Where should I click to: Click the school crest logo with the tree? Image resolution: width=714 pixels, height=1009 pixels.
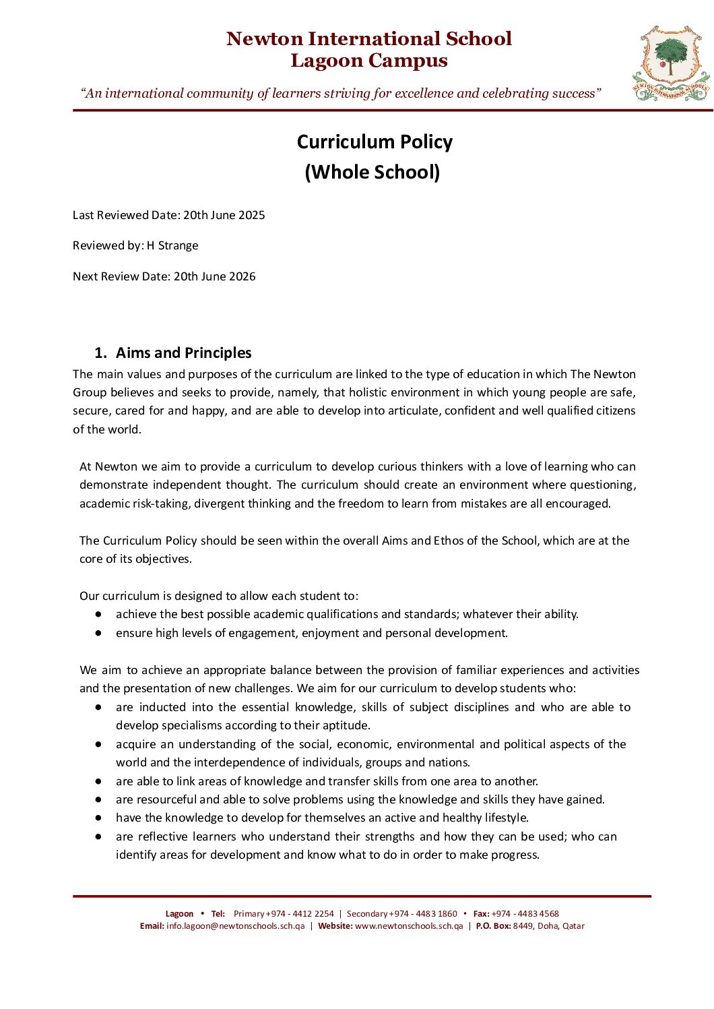671,63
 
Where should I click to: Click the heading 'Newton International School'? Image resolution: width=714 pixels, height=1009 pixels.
368,38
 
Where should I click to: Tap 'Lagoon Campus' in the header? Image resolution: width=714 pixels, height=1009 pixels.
368,61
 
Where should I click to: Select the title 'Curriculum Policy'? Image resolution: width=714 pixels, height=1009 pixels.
375,142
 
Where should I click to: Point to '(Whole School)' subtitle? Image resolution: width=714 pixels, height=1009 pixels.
372,172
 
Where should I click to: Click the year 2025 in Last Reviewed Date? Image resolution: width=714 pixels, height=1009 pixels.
252,215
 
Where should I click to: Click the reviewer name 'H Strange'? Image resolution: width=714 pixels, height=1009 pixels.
172,245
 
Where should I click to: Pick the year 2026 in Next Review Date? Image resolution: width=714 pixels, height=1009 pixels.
242,276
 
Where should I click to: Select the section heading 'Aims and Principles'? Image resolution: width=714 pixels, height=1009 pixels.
183,353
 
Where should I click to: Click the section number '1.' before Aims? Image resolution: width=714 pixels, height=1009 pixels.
100,353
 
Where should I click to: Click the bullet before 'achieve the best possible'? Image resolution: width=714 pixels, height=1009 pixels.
98,614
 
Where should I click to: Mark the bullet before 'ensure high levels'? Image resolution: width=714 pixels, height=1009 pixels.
98,633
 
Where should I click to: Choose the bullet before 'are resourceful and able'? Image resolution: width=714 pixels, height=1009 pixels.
98,799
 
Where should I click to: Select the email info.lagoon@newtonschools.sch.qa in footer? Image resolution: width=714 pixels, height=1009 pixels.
235,926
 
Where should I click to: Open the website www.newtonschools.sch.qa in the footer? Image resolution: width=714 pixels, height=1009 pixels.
409,926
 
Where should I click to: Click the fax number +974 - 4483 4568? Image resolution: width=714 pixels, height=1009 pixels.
525,914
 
